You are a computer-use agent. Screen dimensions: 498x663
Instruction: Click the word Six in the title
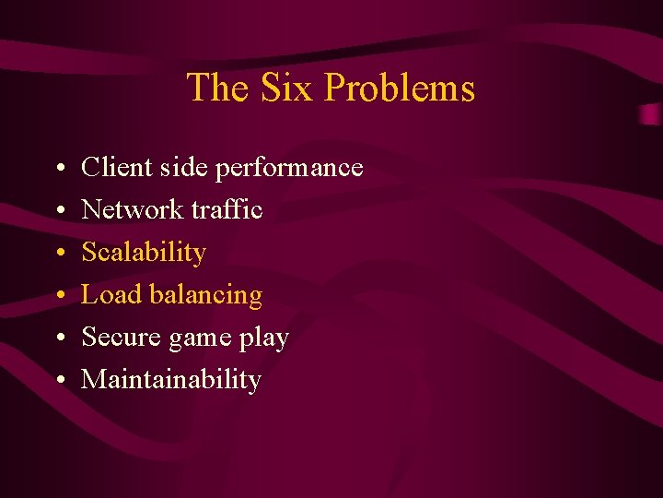coord(286,88)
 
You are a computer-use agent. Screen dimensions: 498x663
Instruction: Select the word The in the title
coord(219,88)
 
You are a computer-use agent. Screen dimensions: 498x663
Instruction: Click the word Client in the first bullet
coord(113,167)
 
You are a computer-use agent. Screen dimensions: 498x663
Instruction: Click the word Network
coord(133,209)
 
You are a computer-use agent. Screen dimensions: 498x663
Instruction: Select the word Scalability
coord(144,253)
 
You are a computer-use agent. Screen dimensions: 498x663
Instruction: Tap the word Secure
coord(119,337)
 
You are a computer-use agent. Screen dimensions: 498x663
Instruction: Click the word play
coord(263,338)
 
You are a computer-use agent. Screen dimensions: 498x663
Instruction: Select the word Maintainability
coord(171,380)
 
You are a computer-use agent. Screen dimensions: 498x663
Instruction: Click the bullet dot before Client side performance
coord(58,169)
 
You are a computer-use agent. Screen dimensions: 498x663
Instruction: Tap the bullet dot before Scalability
coord(58,254)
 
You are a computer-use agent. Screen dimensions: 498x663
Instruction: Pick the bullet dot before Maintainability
coord(58,381)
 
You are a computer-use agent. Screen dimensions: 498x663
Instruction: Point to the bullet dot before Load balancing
coord(58,296)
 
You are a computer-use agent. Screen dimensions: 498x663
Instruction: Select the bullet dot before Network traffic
coord(58,211)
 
